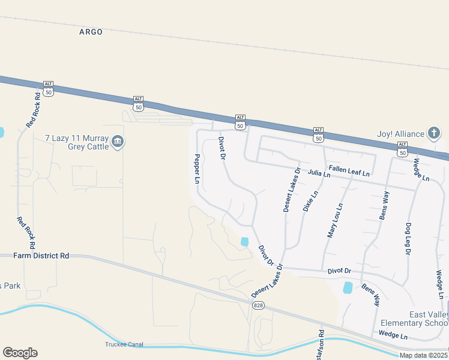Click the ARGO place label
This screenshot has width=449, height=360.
coord(91,32)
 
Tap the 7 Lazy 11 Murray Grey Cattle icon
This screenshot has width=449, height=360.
coord(118,142)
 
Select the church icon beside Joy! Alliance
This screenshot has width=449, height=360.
coord(434,133)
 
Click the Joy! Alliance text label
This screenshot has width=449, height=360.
coord(400,134)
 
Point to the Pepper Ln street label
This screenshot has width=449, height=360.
coord(196,169)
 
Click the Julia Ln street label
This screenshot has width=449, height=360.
coord(319,174)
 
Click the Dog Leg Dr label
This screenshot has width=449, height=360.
coord(408,236)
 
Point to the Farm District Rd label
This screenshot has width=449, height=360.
coord(41,256)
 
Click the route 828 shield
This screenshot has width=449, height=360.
coord(258,305)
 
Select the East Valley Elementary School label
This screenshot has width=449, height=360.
coord(429,319)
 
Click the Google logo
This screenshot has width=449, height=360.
coord(20,353)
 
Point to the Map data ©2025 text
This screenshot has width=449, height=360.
coord(423,355)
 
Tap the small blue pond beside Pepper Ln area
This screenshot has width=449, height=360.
coord(244,241)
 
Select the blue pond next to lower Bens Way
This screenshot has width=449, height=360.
coord(348,287)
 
